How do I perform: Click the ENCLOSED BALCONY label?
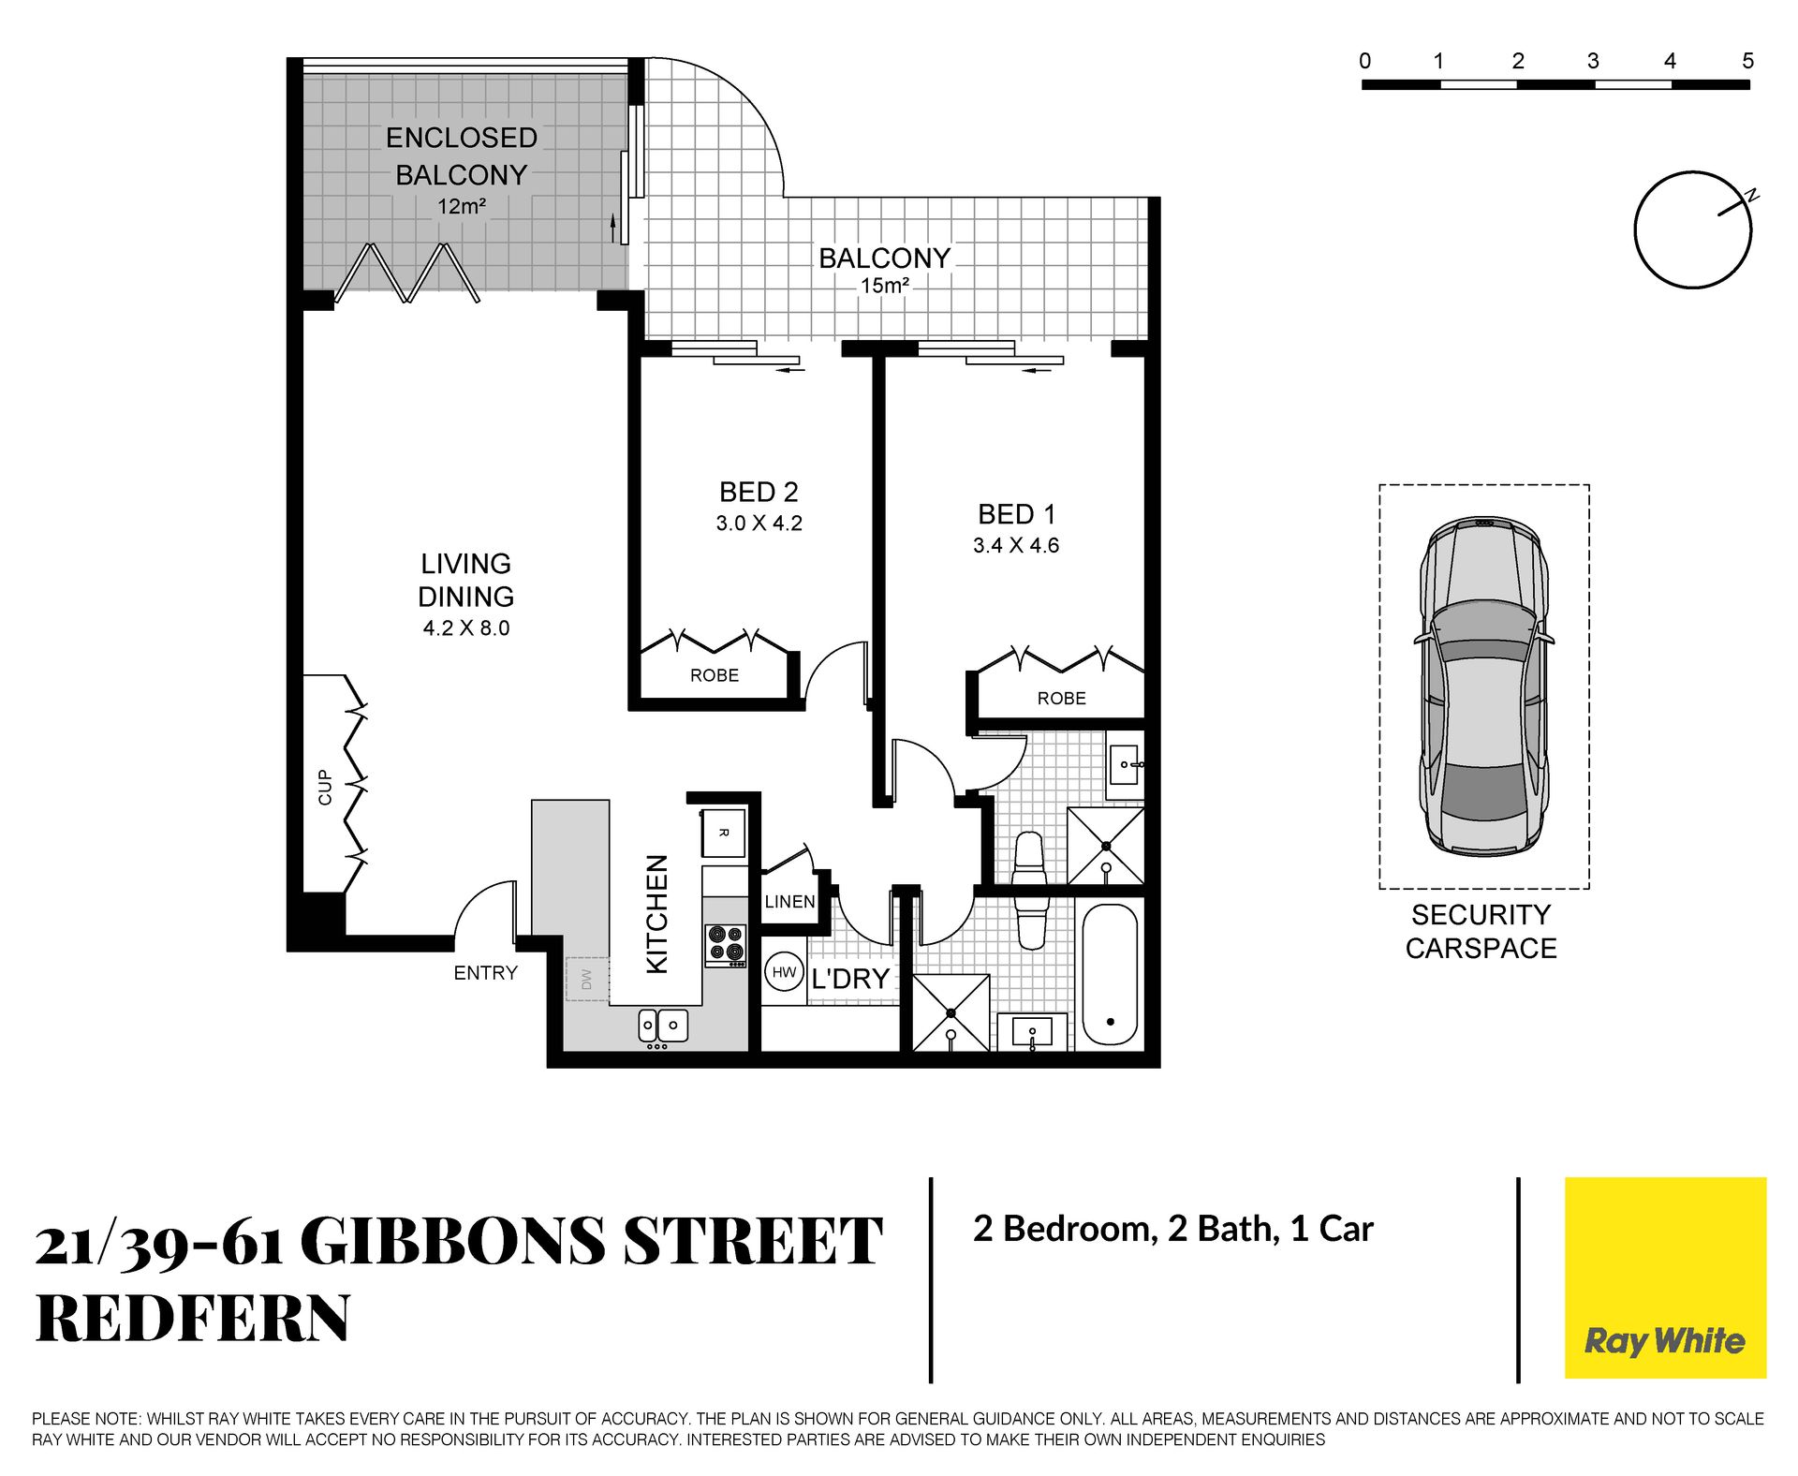(x=462, y=156)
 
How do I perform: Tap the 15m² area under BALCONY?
(x=885, y=286)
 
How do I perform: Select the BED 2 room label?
(x=759, y=492)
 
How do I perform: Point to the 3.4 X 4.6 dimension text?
(x=1016, y=545)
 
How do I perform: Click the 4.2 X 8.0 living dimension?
(x=466, y=628)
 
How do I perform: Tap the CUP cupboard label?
(x=325, y=787)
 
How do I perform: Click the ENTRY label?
(x=485, y=973)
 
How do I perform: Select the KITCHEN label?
(x=657, y=914)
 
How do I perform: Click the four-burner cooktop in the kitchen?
(x=726, y=945)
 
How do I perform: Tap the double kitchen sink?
(x=663, y=1026)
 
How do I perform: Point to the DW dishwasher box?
(x=587, y=979)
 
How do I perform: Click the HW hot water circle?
(x=784, y=972)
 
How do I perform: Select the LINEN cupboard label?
(x=789, y=902)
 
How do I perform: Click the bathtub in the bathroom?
(x=1110, y=975)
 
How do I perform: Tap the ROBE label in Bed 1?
(x=1061, y=699)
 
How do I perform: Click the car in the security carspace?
(x=1484, y=686)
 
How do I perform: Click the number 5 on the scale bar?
(x=1747, y=61)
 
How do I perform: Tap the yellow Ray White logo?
(x=1665, y=1277)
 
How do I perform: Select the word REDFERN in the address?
(x=193, y=1318)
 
